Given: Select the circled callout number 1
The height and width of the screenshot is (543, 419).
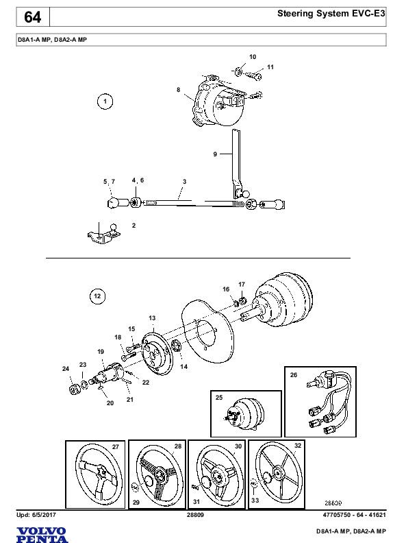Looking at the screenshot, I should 105,102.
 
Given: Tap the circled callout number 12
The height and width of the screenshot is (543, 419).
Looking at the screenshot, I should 97,296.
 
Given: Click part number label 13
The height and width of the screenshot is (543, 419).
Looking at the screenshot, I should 152,318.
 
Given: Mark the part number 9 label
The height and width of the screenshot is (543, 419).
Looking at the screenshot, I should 215,155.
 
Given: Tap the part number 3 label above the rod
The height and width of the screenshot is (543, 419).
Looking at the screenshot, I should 184,182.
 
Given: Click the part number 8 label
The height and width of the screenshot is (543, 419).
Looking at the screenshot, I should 178,90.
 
